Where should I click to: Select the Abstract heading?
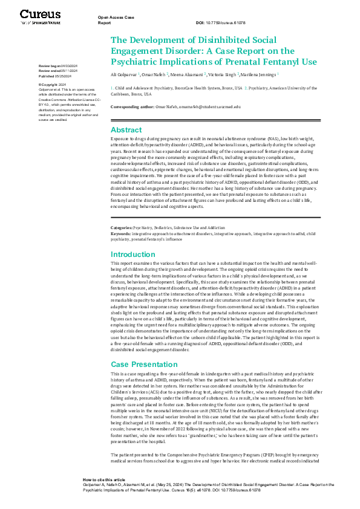click(126, 129)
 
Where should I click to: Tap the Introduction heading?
click(133, 254)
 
